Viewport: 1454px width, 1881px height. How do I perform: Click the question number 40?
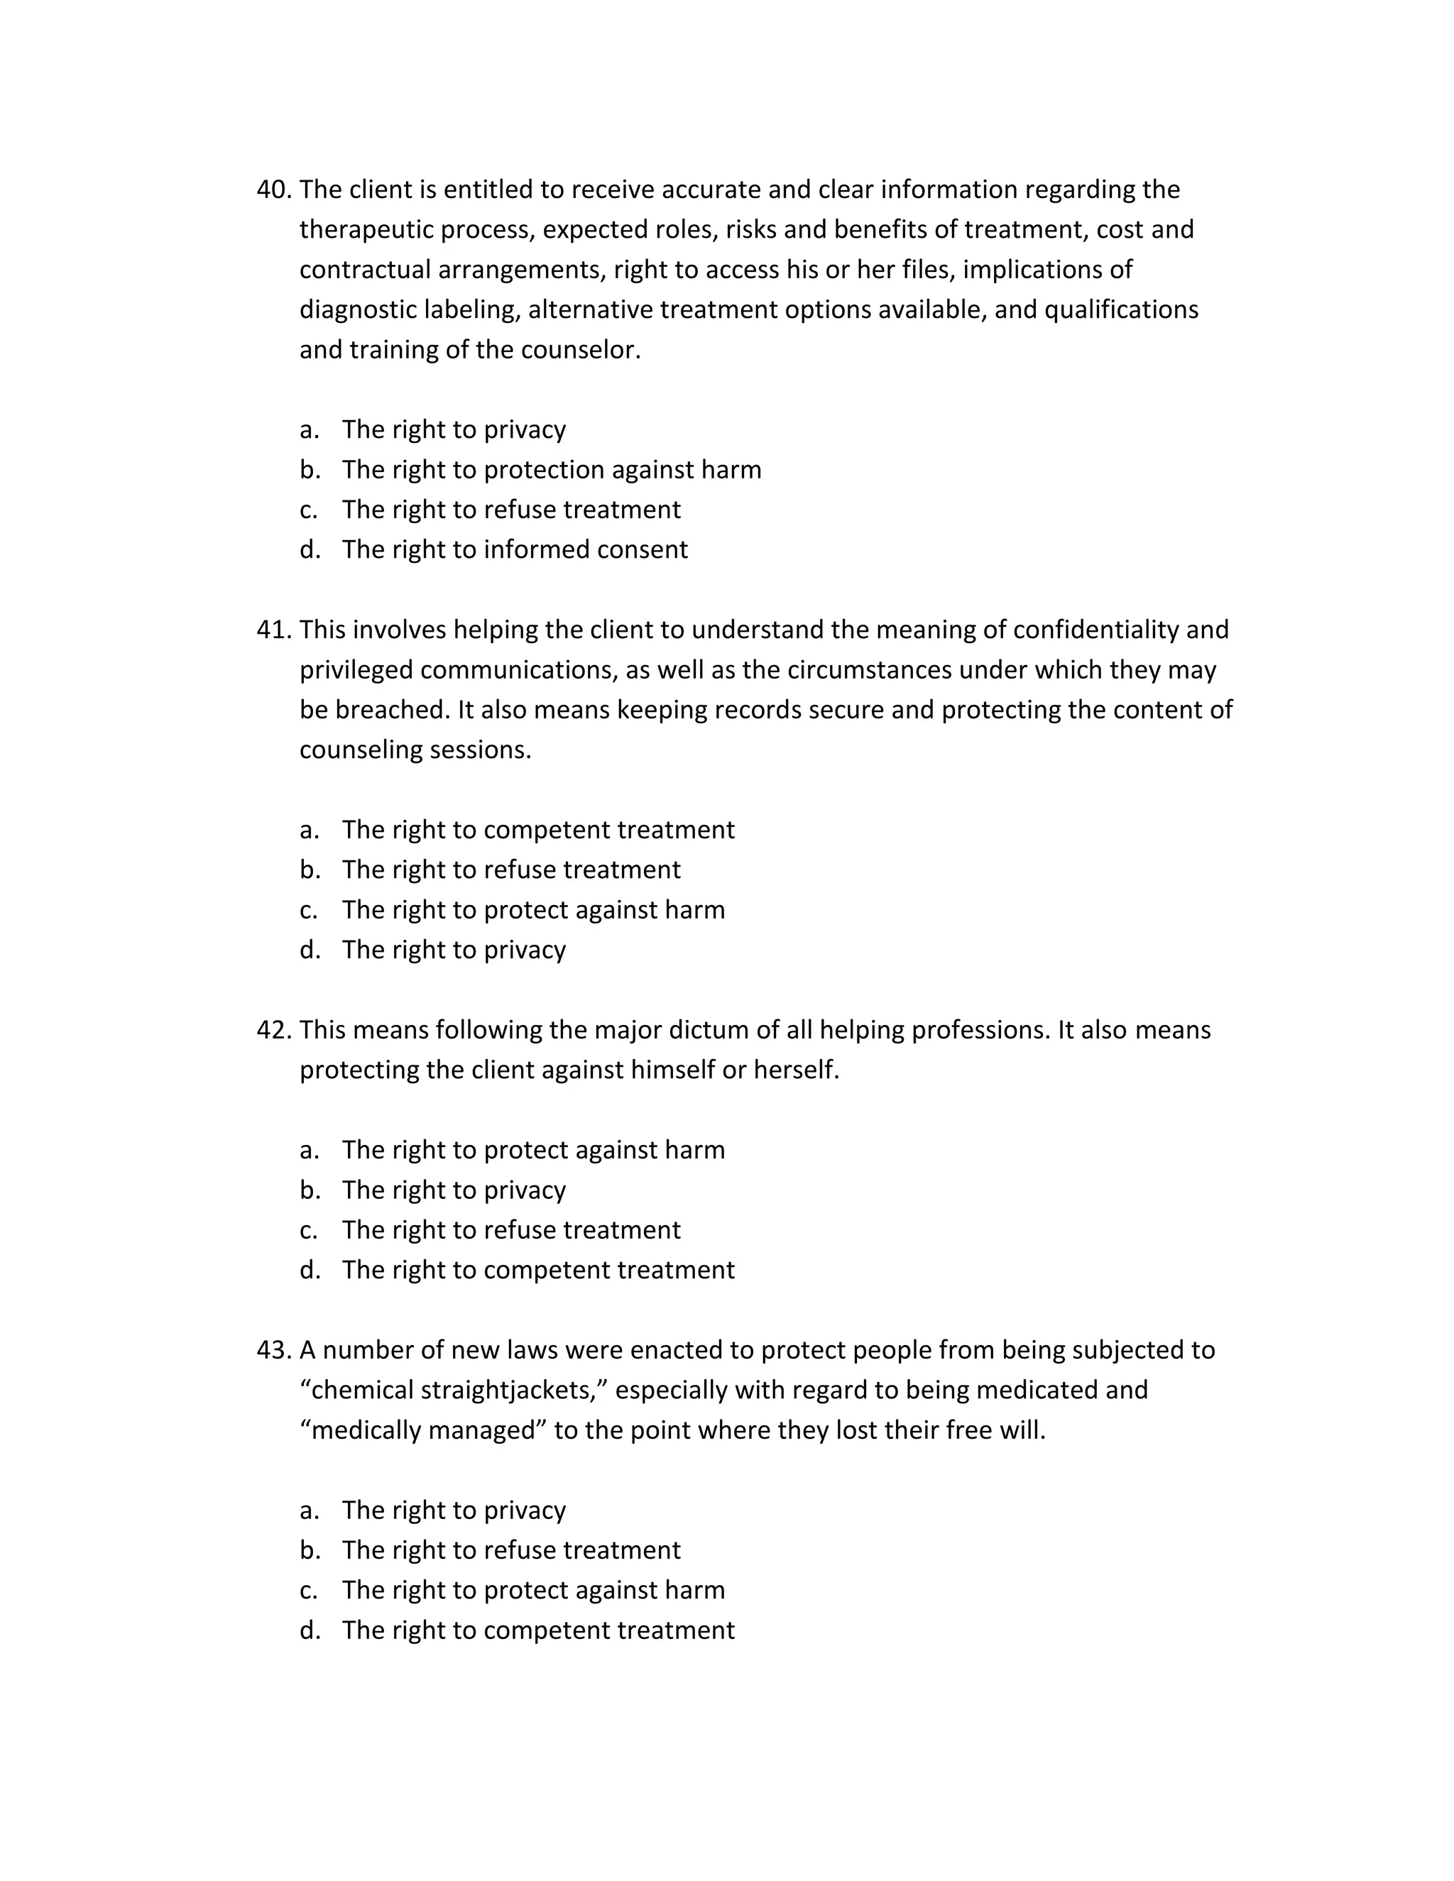pos(274,190)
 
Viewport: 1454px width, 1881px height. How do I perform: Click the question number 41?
pos(274,630)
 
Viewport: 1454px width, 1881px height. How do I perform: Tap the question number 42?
pos(274,1030)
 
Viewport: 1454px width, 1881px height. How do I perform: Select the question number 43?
pos(274,1349)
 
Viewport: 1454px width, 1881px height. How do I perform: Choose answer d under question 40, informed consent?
pos(514,549)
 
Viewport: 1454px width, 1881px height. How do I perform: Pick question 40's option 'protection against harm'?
pos(551,469)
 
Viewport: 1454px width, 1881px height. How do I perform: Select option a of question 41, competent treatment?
pos(537,829)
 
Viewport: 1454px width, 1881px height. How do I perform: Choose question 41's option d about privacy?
pos(453,950)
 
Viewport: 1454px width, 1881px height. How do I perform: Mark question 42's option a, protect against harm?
pos(532,1150)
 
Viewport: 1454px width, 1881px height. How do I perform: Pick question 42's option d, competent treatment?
pos(537,1270)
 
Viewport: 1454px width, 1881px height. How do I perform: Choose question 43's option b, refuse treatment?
pos(510,1550)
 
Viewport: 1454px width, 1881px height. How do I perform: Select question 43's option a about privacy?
pos(453,1510)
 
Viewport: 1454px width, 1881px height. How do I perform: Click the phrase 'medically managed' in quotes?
pos(423,1430)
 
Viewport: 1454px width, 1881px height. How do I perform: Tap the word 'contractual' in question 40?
pos(365,270)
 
